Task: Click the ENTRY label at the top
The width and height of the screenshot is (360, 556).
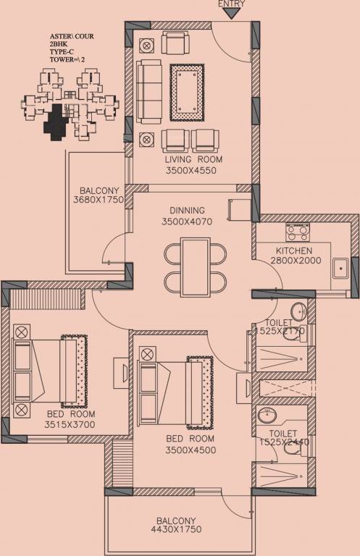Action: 231,4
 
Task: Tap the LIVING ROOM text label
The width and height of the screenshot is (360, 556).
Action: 193,159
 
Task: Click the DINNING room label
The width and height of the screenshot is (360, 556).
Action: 188,211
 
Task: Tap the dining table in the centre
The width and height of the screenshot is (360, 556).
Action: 194,267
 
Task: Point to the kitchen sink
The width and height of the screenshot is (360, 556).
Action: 340,269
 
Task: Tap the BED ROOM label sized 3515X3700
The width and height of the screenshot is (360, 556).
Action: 71,413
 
